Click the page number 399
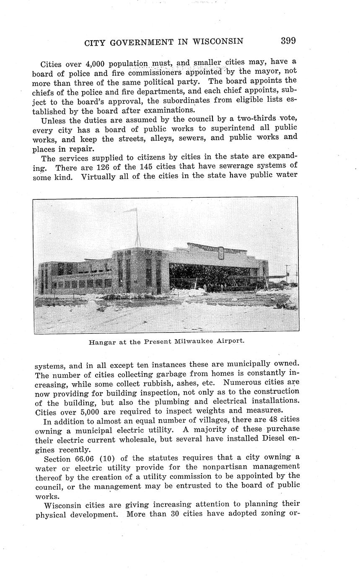click(x=288, y=41)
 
